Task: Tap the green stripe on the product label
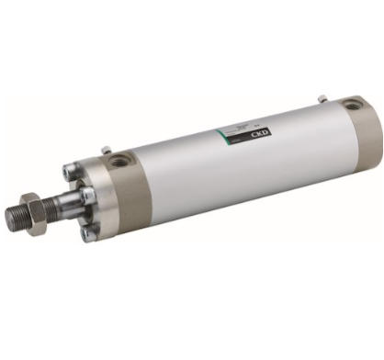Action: point(221,134)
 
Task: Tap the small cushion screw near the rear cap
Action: point(322,98)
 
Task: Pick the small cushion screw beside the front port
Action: point(107,150)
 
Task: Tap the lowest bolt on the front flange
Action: point(88,233)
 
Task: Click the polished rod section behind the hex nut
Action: point(57,209)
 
